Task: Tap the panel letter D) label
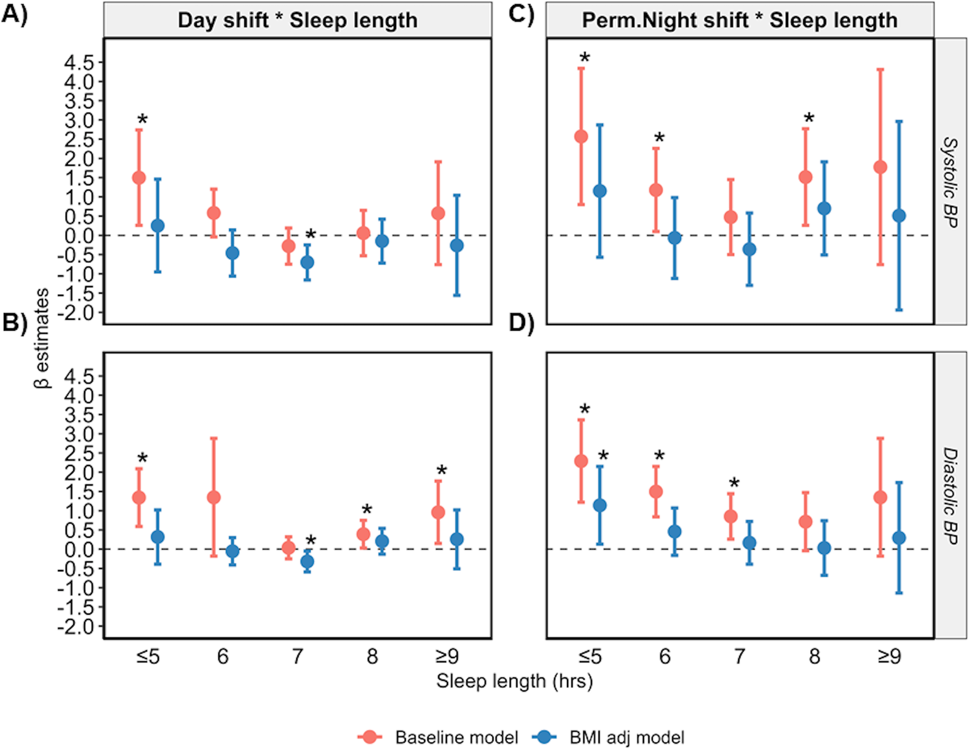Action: coord(521,323)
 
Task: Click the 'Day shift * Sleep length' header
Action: coord(297,20)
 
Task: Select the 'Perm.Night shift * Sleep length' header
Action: coord(739,20)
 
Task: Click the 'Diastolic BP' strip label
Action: coord(950,496)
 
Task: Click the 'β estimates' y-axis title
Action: coord(42,338)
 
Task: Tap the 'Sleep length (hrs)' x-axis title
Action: coord(514,681)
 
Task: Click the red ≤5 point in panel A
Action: coord(139,178)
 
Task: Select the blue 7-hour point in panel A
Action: coord(307,262)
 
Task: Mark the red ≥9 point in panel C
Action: coord(880,167)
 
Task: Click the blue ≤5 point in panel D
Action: coord(600,505)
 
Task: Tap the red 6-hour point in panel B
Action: coord(214,497)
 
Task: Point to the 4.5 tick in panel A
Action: coord(79,63)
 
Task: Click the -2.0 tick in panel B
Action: coord(79,627)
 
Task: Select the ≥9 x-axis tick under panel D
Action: coord(889,656)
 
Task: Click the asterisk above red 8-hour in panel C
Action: coord(809,119)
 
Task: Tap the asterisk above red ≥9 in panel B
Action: coord(441,471)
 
